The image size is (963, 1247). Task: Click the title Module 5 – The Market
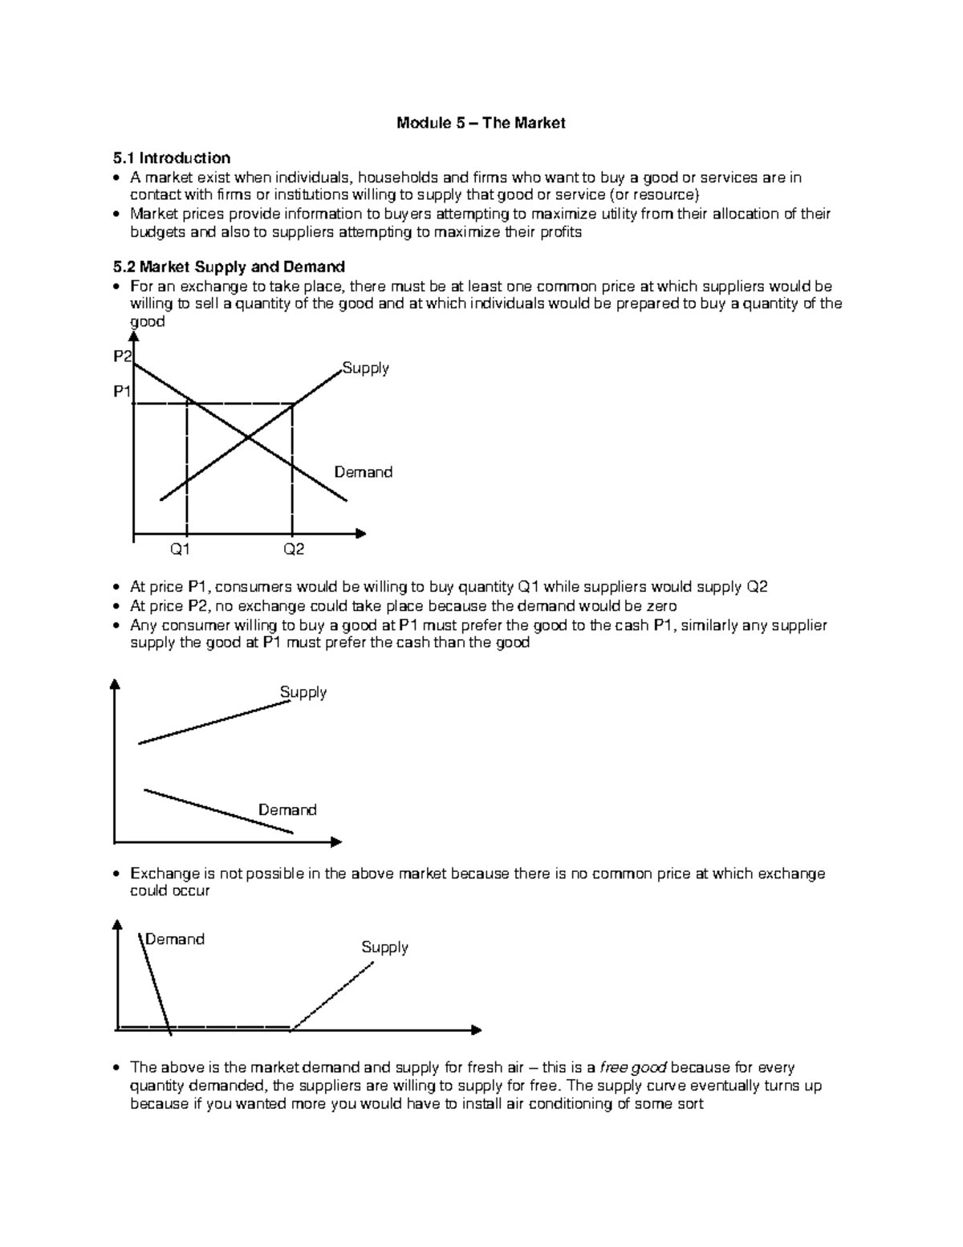481,123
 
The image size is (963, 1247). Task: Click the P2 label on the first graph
123,357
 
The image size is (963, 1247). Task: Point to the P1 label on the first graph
123,392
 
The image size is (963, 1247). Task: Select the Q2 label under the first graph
293,550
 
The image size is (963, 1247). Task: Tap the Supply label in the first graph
365,369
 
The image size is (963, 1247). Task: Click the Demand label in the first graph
364,472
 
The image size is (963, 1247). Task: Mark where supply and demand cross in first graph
247,438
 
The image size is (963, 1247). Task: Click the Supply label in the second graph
303,692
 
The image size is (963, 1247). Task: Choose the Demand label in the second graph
287,810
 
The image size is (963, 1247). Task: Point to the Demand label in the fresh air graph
175,939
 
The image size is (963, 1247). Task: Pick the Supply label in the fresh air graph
384,947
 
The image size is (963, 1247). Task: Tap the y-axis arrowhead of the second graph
116,684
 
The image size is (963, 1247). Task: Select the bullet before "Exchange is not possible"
117,874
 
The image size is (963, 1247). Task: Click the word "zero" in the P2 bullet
661,606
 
